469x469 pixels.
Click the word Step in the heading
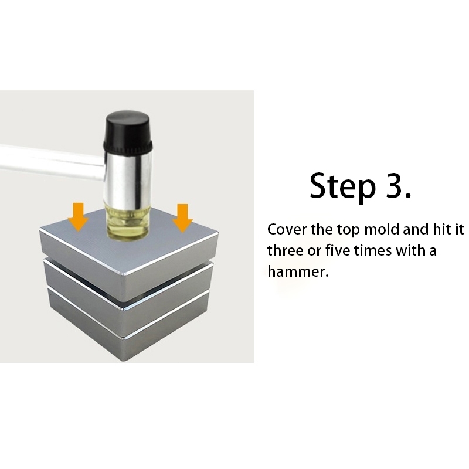[x=342, y=186]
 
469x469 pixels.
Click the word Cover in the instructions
[x=287, y=230]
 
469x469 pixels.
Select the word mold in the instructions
[x=382, y=229]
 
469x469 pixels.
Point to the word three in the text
[x=286, y=250]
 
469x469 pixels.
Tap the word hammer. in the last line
[x=298, y=271]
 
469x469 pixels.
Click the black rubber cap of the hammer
[x=128, y=131]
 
